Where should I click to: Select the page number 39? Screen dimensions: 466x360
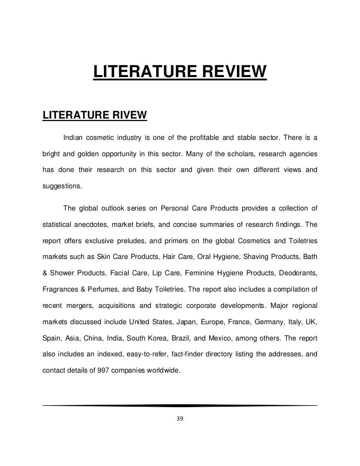coord(180,420)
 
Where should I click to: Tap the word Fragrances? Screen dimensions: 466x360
coord(61,290)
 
